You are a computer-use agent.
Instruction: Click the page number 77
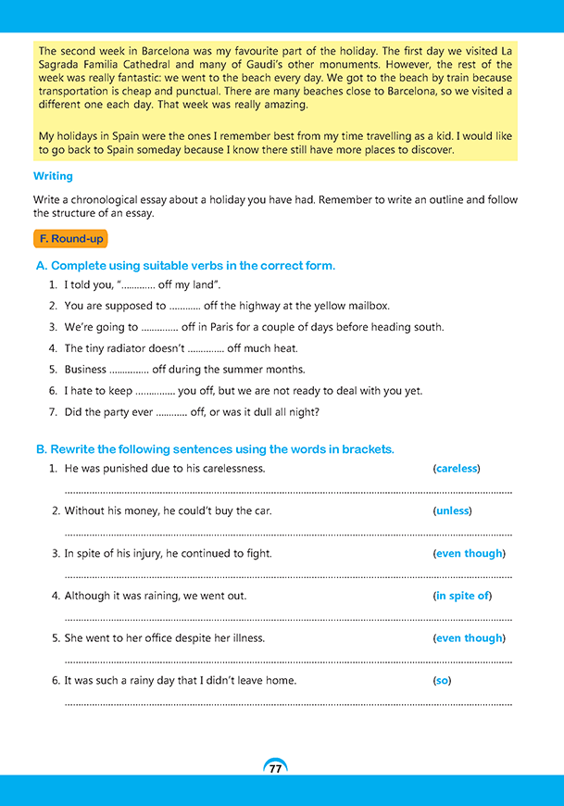pos(275,770)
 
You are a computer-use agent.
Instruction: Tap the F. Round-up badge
pos(70,239)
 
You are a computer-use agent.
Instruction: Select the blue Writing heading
pos(53,175)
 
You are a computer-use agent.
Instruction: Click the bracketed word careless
pos(457,469)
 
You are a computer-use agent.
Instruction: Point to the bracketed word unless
pos(452,510)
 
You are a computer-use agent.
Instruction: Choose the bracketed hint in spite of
pos(462,596)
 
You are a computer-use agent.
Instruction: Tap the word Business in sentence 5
pos(85,370)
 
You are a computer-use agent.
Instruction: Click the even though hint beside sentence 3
pos(469,553)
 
